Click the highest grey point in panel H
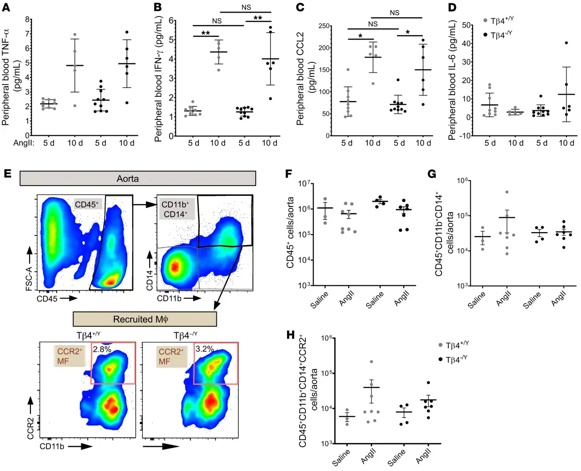click(370, 362)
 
